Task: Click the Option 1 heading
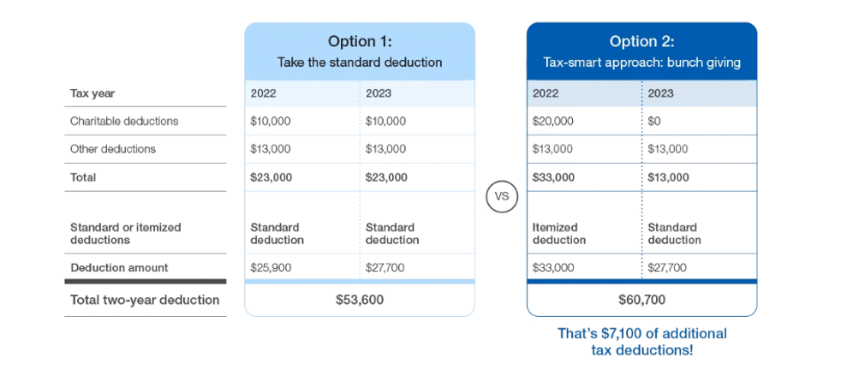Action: (x=360, y=41)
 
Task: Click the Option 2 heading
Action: (x=641, y=41)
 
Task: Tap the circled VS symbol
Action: (x=501, y=197)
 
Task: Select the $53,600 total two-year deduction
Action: (x=360, y=300)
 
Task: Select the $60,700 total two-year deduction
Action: (x=641, y=300)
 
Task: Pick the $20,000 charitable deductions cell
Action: (x=552, y=121)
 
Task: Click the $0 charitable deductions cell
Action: (x=654, y=121)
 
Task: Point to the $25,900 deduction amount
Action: (x=271, y=267)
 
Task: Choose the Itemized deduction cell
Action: (x=559, y=234)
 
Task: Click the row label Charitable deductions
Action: (x=124, y=121)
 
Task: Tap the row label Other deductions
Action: (x=113, y=149)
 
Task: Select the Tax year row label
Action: (x=92, y=93)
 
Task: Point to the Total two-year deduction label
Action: (x=145, y=300)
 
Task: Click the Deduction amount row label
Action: (x=119, y=267)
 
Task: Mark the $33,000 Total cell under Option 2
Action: (x=553, y=177)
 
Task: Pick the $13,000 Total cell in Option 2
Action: (x=668, y=177)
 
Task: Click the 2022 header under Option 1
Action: (x=264, y=93)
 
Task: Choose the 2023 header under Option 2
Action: (x=661, y=93)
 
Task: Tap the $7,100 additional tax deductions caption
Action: (x=642, y=342)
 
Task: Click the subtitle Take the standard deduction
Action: (x=360, y=63)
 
